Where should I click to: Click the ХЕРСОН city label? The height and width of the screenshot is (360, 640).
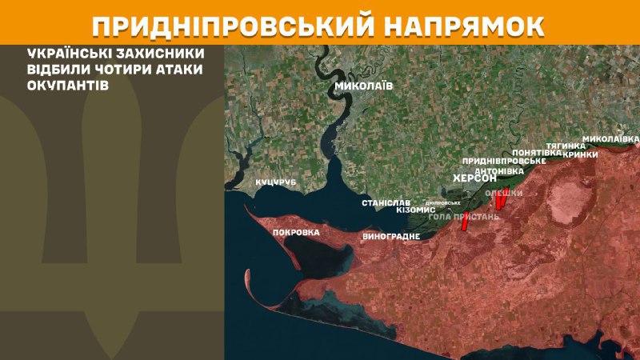pyautogui.click(x=474, y=178)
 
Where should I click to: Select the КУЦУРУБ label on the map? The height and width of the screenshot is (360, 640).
pyautogui.click(x=275, y=182)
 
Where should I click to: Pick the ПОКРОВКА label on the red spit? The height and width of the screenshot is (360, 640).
pyautogui.click(x=296, y=232)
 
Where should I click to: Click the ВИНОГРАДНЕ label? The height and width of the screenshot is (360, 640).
pyautogui.click(x=391, y=237)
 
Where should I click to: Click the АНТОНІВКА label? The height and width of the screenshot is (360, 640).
pyautogui.click(x=499, y=171)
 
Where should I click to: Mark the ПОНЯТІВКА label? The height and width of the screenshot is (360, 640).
pyautogui.click(x=536, y=152)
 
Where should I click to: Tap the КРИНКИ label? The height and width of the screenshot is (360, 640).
pyautogui.click(x=580, y=154)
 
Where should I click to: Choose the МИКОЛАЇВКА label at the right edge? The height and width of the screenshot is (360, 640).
pyautogui.click(x=610, y=138)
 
